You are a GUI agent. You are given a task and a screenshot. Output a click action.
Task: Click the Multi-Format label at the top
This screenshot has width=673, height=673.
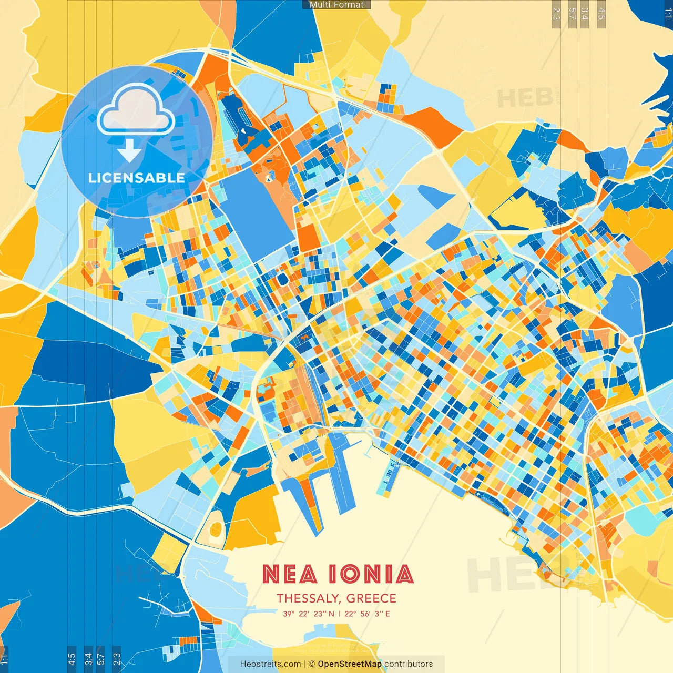336,5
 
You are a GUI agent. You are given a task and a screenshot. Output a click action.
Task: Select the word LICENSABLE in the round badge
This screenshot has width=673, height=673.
136,178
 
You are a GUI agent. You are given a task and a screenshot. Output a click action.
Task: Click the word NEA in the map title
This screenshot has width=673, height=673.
290,574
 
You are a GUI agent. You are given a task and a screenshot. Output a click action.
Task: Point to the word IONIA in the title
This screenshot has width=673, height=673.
371,574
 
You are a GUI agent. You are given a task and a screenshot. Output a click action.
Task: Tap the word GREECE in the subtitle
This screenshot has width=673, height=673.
371,598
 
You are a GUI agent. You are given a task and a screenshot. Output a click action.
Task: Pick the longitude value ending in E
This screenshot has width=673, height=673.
367,614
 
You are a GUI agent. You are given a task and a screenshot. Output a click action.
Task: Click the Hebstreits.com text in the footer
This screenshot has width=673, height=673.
270,664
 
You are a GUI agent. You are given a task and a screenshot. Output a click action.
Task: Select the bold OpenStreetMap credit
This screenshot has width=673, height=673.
350,664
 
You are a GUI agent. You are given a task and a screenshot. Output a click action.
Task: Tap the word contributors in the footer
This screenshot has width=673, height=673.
409,664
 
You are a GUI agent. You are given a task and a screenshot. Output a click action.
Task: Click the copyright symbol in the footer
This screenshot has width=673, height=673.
311,664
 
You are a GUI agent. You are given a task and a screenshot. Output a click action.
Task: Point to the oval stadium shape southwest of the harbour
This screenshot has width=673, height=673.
215,528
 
